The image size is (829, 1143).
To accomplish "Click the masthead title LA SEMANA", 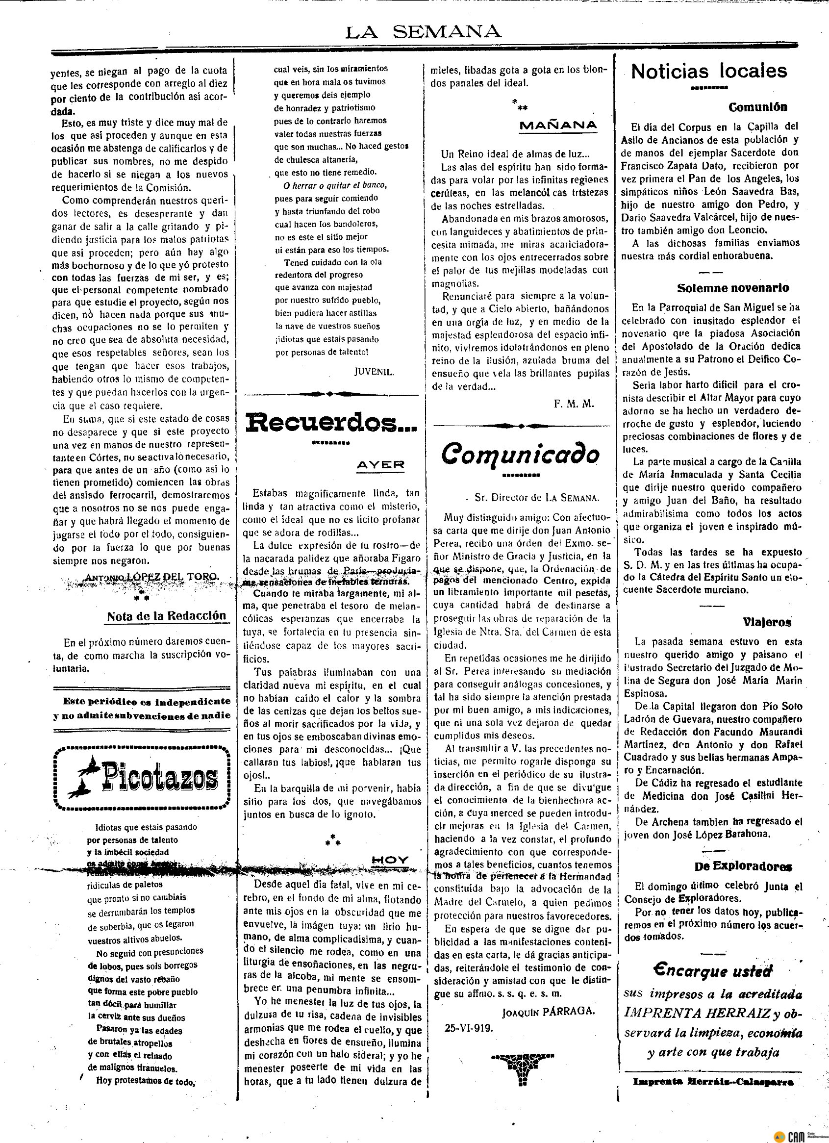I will [x=423, y=32].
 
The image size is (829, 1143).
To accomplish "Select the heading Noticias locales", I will [x=708, y=72].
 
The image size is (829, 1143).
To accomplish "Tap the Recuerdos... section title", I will [x=331, y=423].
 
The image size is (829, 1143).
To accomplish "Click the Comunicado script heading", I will [x=520, y=453].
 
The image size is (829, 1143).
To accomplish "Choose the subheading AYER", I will [x=380, y=465].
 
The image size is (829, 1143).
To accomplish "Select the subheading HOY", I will [x=391, y=859].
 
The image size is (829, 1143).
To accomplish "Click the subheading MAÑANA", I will [x=558, y=125].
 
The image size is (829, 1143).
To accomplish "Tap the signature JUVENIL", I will [x=374, y=372].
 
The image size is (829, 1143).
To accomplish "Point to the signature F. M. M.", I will [x=574, y=404].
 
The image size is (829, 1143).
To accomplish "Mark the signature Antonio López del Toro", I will [x=151, y=577].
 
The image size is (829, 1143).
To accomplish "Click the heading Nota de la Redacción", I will [x=166, y=616].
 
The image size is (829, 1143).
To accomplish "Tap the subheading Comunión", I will [x=757, y=107].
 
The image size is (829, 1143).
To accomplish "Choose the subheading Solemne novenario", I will [x=733, y=288].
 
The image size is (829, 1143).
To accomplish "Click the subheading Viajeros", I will [x=767, y=622].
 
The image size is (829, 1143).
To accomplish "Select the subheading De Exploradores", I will [x=743, y=866].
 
